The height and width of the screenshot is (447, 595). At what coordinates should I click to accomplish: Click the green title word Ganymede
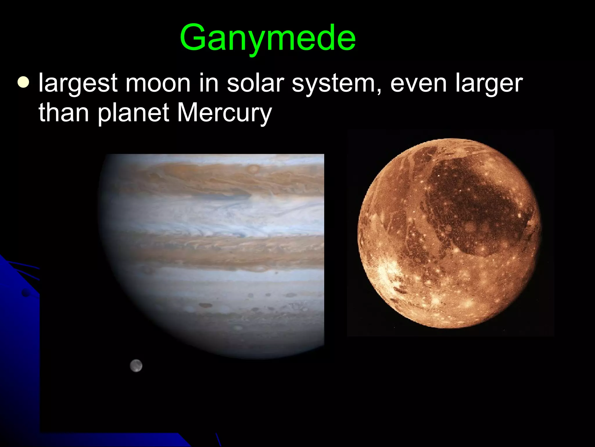pyautogui.click(x=268, y=38)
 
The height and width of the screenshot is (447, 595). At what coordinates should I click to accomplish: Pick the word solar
pyautogui.click(x=255, y=83)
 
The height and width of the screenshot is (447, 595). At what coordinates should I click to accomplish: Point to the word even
pyautogui.click(x=418, y=83)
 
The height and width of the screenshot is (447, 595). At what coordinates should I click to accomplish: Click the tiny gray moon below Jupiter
pyautogui.click(x=136, y=366)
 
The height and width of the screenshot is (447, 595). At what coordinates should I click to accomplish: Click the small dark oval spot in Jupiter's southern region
pyautogui.click(x=206, y=305)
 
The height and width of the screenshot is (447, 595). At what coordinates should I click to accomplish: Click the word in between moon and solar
pyautogui.click(x=208, y=83)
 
